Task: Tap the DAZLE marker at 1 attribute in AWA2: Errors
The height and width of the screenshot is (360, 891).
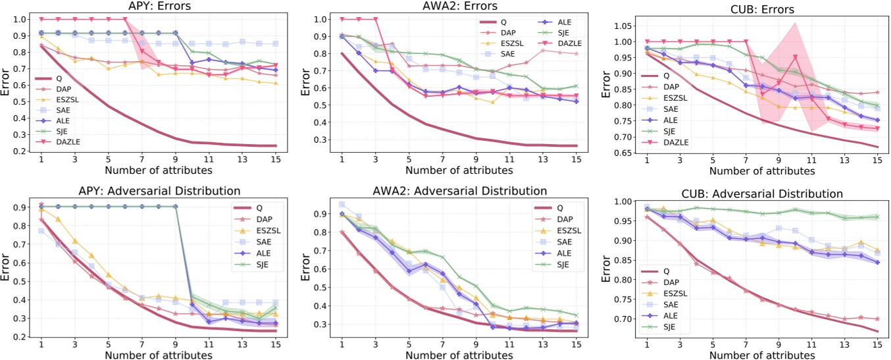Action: [x=342, y=19]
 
